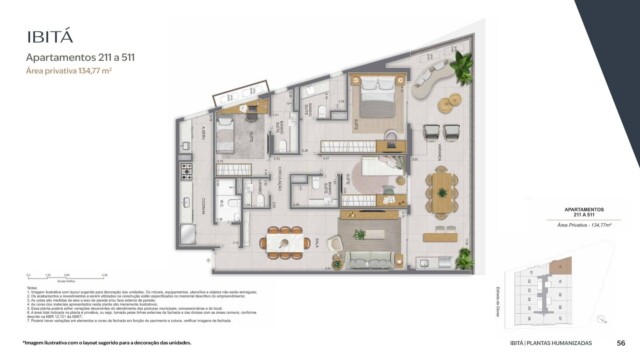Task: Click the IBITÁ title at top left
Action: click(49, 38)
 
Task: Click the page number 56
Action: click(620, 343)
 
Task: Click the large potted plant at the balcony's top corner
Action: click(462, 67)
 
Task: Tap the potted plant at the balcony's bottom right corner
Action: click(464, 257)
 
